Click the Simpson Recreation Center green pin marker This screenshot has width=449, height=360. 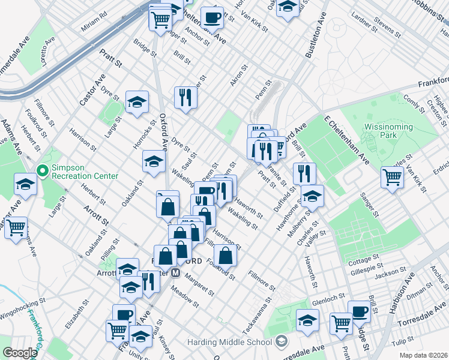click(x=42, y=171)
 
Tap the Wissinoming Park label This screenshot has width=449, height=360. click(x=388, y=131)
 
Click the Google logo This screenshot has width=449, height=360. click(x=20, y=353)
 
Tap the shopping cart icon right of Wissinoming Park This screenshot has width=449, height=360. click(x=392, y=177)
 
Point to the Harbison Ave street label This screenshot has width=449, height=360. click(x=409, y=292)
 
